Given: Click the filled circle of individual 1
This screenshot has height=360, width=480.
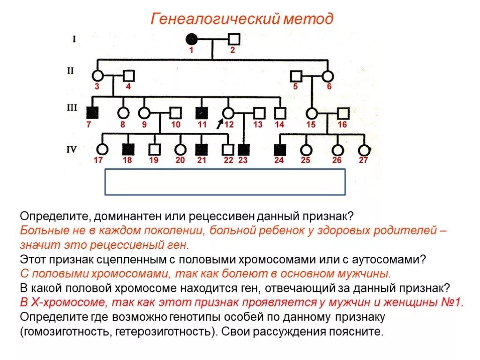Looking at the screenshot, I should point(191,39).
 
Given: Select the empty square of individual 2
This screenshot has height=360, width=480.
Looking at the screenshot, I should point(234,39).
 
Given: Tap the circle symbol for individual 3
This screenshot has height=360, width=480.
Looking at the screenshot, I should point(97,75).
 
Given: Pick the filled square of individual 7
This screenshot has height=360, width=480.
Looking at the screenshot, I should point(92,112).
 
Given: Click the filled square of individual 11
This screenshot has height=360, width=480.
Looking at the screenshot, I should point(202,112).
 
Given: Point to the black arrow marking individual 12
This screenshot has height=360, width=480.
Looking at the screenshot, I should point(220,123).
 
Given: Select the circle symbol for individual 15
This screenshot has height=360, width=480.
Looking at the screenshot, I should point(311,113).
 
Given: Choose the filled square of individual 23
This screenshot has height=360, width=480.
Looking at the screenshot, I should point(243,150).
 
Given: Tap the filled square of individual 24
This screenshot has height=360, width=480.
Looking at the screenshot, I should point(280,150).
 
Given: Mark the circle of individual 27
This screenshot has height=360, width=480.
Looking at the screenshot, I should point(364,150).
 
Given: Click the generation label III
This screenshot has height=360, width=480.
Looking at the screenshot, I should point(72,108).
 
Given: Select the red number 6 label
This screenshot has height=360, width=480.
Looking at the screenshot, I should point(329,86).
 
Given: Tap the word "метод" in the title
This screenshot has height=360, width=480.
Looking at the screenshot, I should point(310,19).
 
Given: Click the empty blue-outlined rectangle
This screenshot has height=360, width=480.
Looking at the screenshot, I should point(225,182).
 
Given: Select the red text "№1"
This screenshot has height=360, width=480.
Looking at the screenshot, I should point(451,302).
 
